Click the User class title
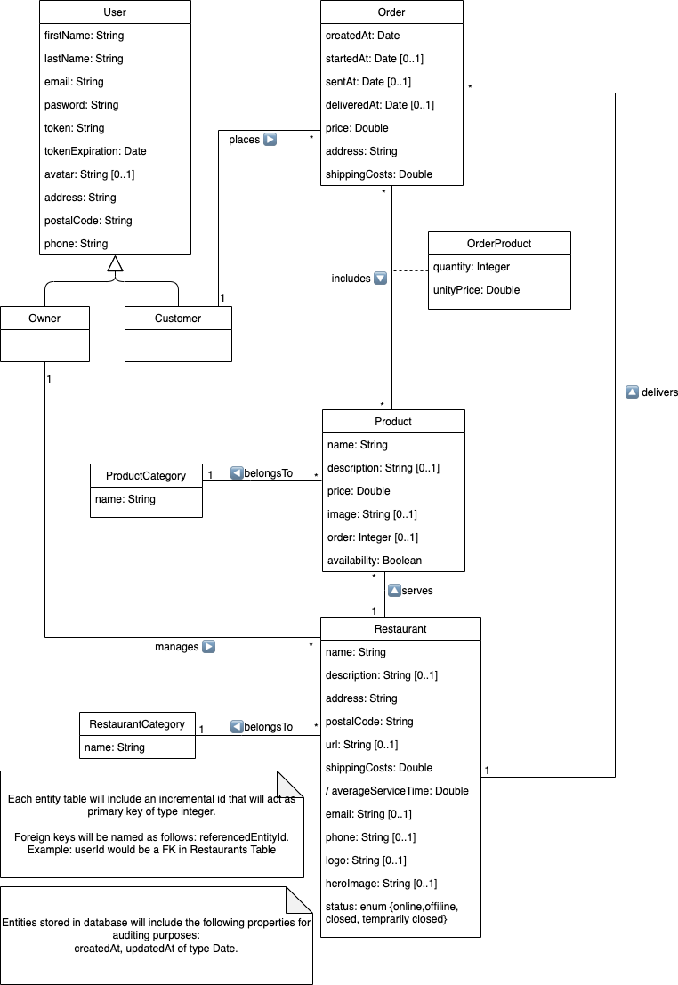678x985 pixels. click(x=115, y=12)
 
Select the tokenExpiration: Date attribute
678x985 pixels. click(x=95, y=151)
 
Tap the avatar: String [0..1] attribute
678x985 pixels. click(x=89, y=174)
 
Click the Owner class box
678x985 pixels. click(x=44, y=334)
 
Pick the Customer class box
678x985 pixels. click(x=178, y=334)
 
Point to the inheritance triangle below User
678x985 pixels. click(x=115, y=263)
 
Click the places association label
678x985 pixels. click(x=244, y=140)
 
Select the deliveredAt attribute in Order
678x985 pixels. click(x=380, y=105)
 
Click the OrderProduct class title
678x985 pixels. click(x=499, y=244)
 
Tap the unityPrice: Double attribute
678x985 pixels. click(x=476, y=290)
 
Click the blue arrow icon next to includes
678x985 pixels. click(x=380, y=279)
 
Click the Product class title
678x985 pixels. click(x=393, y=422)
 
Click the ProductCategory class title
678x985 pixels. click(x=146, y=476)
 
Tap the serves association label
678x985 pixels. click(x=417, y=590)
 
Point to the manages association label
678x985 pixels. click(x=176, y=647)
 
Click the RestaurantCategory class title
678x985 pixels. click(x=137, y=724)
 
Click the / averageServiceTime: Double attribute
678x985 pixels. click(x=397, y=791)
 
